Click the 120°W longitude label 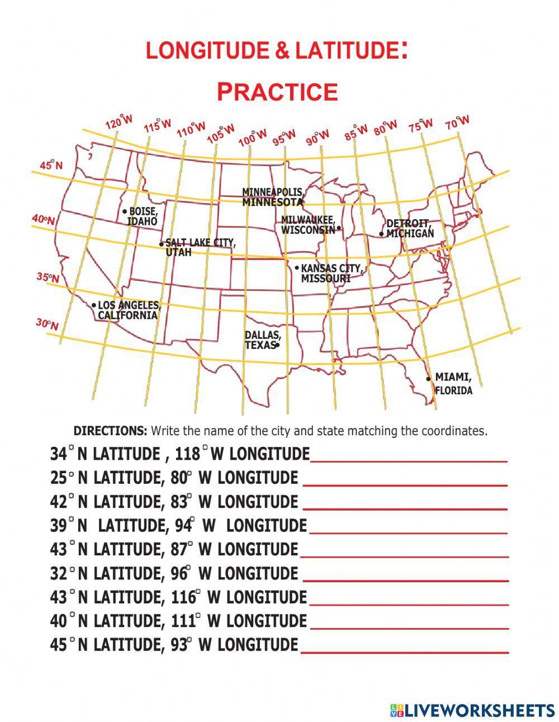120,121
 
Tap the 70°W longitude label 457,121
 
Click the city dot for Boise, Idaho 125,211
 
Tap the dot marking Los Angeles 93,305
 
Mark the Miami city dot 429,379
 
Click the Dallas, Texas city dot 277,345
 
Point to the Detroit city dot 382,234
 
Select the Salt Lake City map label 200,247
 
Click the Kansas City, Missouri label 330,273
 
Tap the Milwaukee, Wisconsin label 307,225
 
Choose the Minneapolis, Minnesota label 272,197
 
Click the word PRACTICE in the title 277,92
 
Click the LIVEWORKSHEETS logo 472,710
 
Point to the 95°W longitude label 284,138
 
